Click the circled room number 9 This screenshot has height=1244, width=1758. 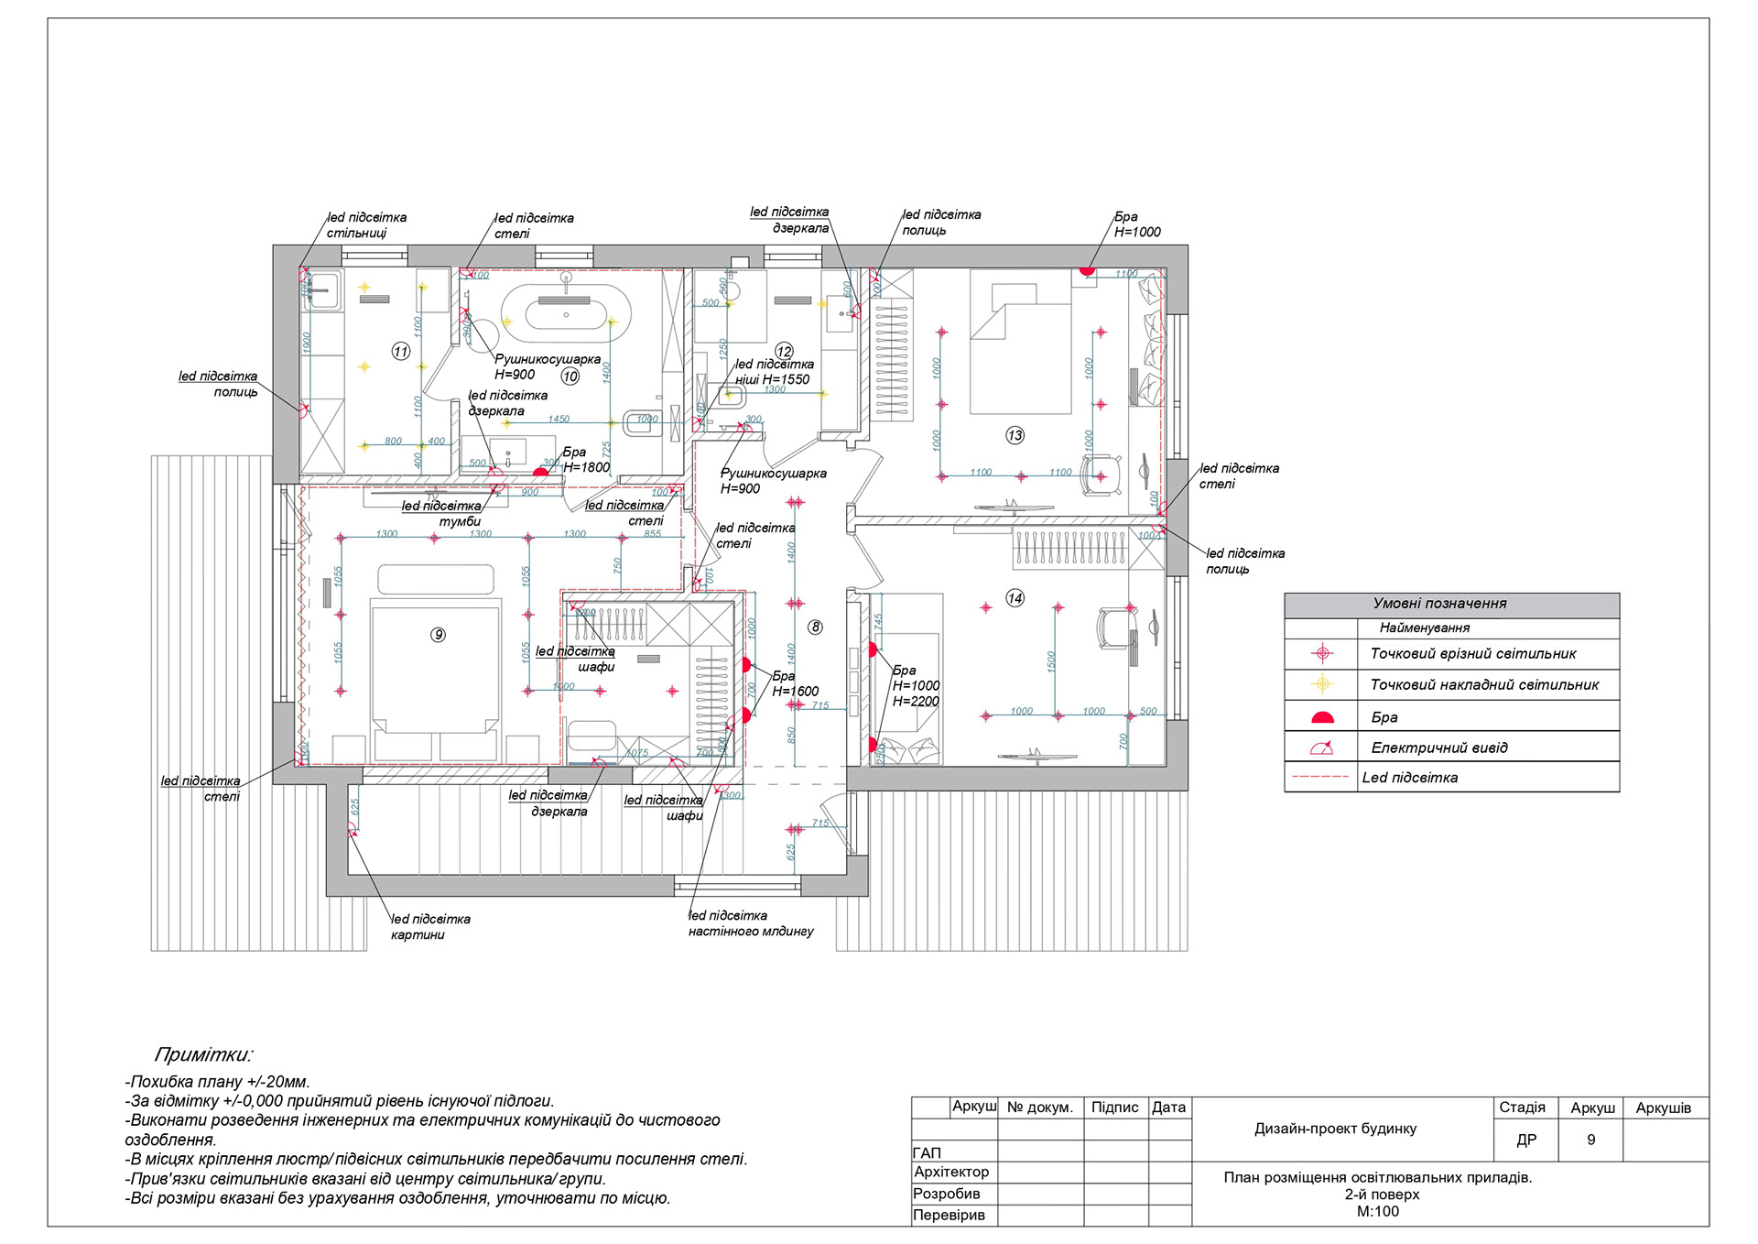pos(439,635)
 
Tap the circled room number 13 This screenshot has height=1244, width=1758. pos(1015,435)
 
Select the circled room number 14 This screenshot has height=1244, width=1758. pos(1015,598)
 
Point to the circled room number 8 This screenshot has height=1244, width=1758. pos(815,627)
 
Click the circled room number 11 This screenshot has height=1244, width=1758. pos(401,351)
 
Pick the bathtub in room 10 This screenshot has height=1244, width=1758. pos(566,307)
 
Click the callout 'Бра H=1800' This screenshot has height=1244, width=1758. pos(585,460)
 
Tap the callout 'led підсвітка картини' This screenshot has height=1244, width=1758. pos(429,926)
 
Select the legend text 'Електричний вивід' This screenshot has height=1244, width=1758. pos(1438,747)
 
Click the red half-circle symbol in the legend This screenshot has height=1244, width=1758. pos(1322,717)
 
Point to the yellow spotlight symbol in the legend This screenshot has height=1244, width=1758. pos(1322,684)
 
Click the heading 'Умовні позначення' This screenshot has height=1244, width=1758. pos(1439,604)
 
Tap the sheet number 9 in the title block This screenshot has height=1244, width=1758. pos(1590,1140)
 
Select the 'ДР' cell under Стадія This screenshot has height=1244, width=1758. pos(1526,1140)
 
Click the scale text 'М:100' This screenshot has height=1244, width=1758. pos(1377,1211)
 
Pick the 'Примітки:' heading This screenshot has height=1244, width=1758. pos(203,1054)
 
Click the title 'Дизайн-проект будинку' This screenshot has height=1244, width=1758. pos(1335,1129)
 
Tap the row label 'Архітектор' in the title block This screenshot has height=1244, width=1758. pos(951,1172)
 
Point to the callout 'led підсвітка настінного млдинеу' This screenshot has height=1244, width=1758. pos(750,923)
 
